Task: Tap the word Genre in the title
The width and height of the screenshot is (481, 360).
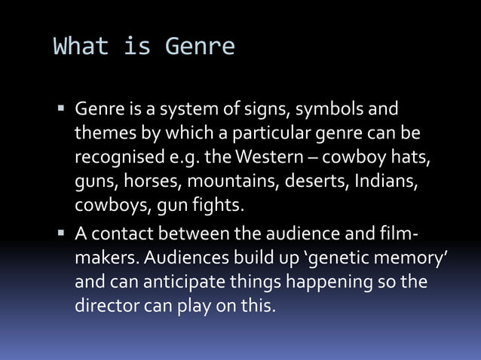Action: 200,47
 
